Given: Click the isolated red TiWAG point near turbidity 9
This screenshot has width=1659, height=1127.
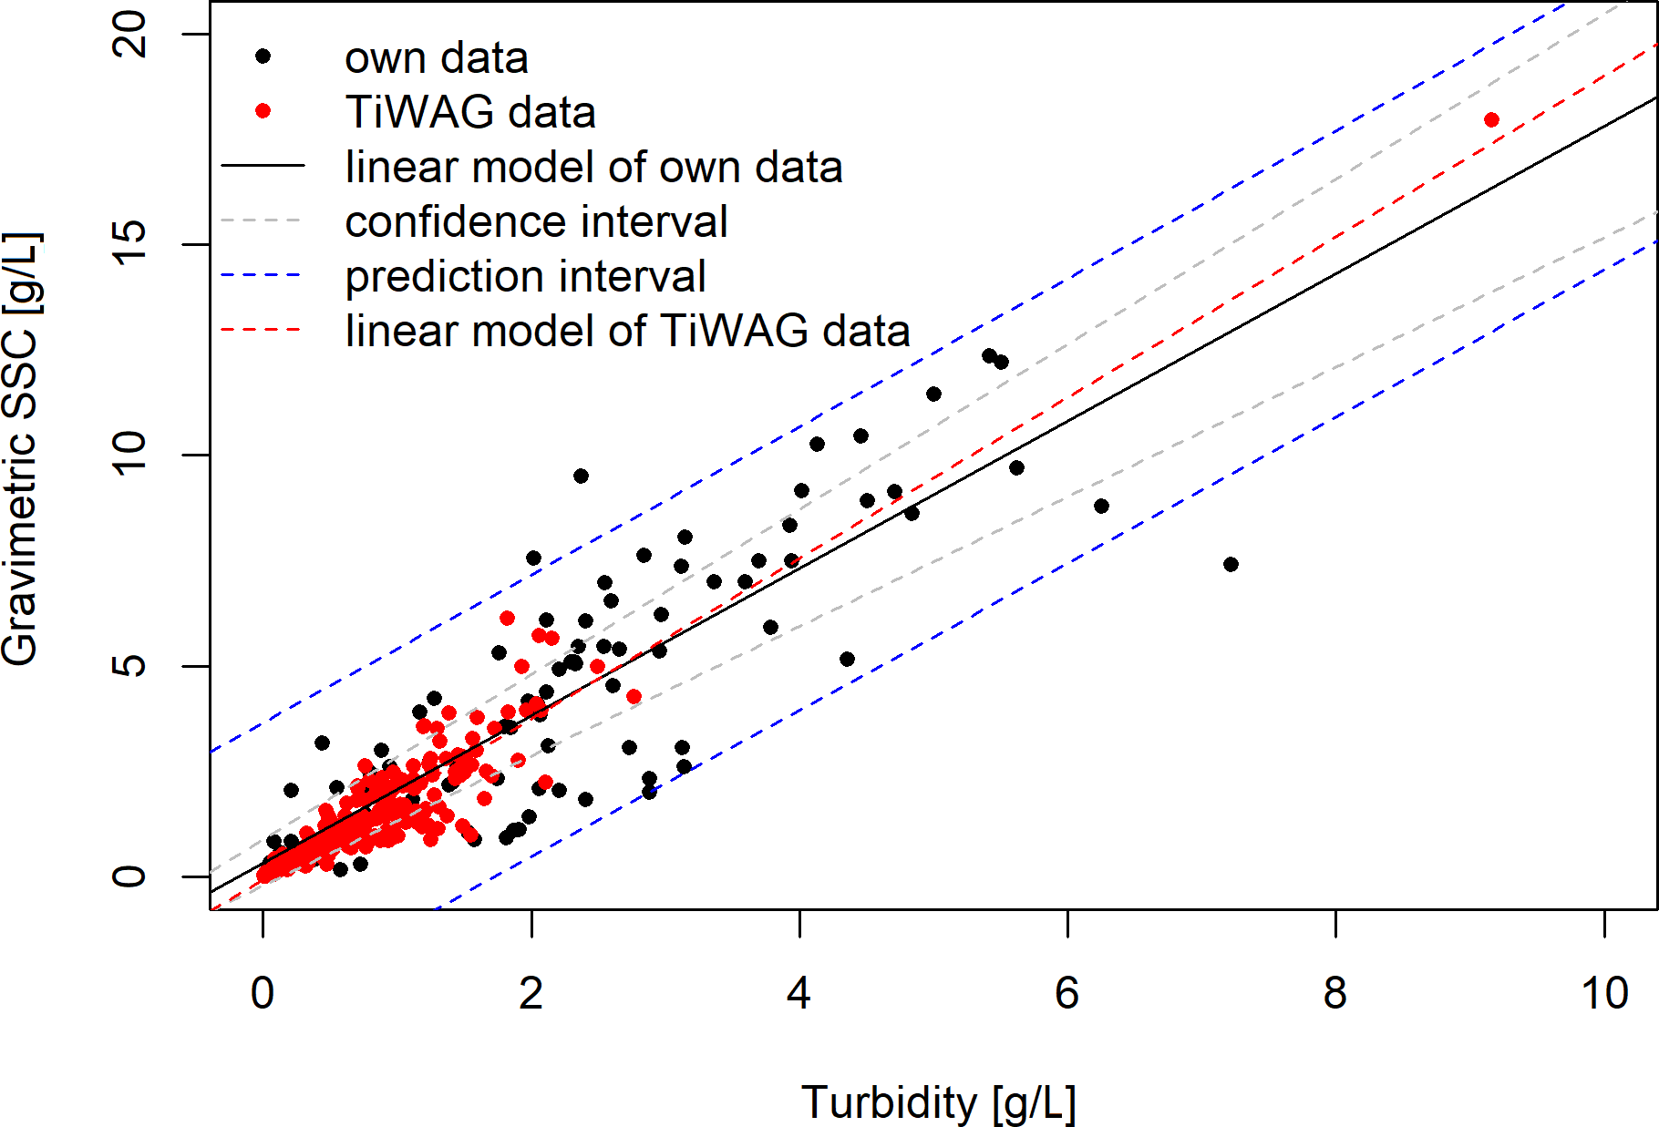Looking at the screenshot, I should (x=1491, y=119).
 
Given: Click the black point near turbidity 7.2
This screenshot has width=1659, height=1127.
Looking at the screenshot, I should (x=1231, y=564).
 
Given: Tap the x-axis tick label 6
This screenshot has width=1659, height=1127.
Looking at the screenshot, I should (x=1067, y=993).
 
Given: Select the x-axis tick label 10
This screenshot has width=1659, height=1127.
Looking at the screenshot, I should (x=1604, y=993).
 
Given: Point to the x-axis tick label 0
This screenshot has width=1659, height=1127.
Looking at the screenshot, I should (x=263, y=993).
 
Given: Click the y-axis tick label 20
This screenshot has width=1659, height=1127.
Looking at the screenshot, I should (x=129, y=35).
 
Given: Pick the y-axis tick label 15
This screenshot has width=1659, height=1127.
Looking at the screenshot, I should (x=129, y=244).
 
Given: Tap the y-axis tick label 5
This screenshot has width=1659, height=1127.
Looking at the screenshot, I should (x=129, y=665).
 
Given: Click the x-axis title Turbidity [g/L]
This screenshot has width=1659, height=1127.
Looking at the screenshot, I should (x=939, y=1102).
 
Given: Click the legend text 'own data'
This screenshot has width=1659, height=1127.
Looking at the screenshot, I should (x=437, y=57).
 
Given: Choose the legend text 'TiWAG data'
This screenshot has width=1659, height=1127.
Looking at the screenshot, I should (x=470, y=112).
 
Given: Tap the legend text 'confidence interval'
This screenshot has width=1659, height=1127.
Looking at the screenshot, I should (x=536, y=221).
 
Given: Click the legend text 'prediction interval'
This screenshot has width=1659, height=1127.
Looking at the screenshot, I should (x=525, y=276).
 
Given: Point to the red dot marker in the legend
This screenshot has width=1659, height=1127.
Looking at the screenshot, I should (x=263, y=111).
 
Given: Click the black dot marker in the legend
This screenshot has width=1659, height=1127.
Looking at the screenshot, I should (x=263, y=56).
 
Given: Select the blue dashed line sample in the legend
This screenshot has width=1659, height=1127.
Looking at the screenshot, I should (x=263, y=275).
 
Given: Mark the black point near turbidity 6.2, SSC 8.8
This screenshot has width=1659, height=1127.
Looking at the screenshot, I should (x=1101, y=506).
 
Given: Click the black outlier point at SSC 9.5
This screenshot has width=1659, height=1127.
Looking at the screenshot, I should (x=581, y=476).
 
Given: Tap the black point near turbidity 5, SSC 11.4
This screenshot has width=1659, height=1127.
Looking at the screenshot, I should (x=933, y=394).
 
